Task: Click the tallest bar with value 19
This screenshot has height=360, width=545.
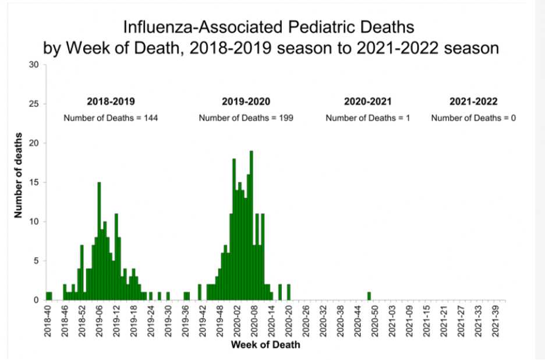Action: point(251,225)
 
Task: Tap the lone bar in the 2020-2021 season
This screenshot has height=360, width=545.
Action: point(369,296)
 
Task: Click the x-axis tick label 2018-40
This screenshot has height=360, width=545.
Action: point(48,321)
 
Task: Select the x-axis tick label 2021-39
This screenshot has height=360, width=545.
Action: point(497,321)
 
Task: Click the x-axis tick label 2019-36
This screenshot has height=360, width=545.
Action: point(185,321)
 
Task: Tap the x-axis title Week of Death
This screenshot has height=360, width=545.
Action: point(266,345)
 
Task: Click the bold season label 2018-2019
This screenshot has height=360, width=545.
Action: point(111,101)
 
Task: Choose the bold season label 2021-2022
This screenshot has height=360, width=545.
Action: point(473,101)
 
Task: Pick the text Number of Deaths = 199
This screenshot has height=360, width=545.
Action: point(246,118)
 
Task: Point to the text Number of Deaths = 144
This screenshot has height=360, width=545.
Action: point(111,118)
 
